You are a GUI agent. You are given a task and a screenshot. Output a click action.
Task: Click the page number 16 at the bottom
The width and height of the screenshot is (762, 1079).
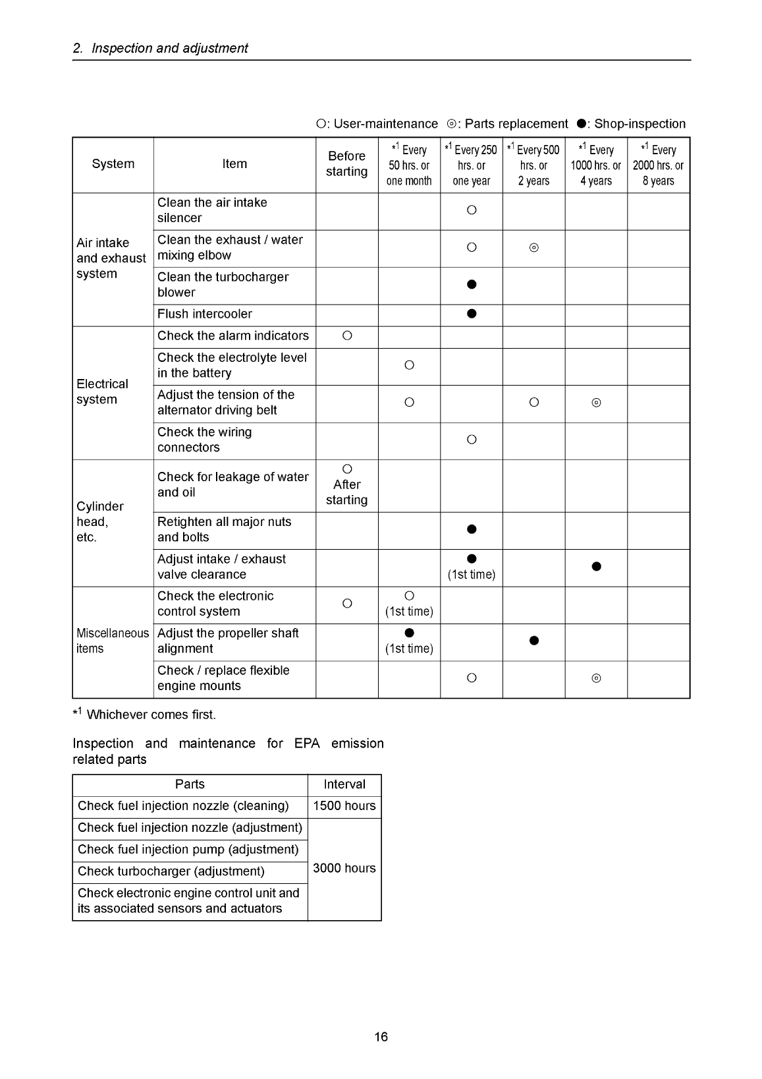point(381,1037)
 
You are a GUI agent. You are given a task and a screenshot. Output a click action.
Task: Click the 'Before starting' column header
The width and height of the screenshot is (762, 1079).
point(346,164)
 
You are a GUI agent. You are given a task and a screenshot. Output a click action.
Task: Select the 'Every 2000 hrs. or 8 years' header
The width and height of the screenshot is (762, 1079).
point(658,165)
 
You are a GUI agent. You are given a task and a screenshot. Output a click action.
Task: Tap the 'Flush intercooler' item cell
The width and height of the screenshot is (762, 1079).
point(205,314)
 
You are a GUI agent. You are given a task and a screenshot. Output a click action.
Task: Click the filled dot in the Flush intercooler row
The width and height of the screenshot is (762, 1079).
point(472,314)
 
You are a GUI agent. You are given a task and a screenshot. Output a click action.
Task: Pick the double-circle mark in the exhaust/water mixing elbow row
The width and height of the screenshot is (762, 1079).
point(534,248)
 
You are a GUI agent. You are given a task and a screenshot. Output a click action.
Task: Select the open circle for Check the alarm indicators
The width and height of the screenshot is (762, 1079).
point(347,336)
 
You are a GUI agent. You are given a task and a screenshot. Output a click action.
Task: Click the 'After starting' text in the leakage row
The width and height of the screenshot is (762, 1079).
point(346,492)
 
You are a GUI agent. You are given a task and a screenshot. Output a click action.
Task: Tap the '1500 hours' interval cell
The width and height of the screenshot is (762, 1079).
point(344,806)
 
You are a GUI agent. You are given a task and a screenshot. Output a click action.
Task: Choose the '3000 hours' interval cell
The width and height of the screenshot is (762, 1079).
point(344,869)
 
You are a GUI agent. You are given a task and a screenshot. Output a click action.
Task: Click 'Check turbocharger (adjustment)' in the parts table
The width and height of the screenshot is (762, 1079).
point(171,871)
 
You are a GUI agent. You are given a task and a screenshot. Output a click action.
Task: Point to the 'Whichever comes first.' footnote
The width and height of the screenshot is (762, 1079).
point(151,715)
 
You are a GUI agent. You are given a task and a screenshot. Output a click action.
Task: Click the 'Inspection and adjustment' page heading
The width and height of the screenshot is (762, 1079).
point(169,48)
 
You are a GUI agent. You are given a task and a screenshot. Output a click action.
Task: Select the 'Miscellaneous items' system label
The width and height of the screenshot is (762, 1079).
point(113,641)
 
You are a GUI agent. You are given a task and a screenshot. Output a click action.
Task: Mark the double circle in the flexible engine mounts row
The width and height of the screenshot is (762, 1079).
point(596,679)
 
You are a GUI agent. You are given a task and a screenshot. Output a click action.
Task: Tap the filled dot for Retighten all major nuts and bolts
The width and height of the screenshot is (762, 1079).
point(472,530)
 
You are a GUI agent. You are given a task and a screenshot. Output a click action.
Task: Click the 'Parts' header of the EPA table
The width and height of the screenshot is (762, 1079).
point(190,784)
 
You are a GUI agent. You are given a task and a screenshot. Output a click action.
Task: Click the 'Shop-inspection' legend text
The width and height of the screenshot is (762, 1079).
point(640,124)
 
